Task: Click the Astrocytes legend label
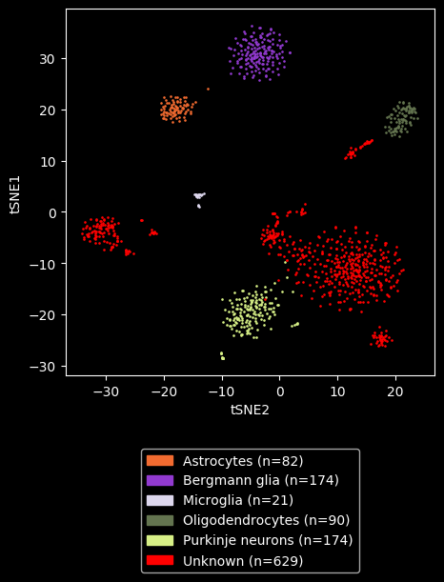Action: pos(243,461)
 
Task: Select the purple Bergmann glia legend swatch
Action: pos(160,481)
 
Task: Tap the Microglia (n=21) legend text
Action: pos(238,500)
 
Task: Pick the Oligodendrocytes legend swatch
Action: pos(160,520)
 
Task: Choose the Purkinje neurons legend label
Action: pos(268,540)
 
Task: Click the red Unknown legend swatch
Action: pos(160,560)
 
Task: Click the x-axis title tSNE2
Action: pos(250,411)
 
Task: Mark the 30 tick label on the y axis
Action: pos(48,59)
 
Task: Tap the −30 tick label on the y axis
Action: pos(43,367)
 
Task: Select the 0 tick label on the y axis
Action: pos(51,212)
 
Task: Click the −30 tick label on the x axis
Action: pos(106,391)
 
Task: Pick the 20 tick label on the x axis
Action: pos(395,391)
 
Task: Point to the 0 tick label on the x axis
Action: pos(280,391)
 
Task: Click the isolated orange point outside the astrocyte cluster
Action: pos(208,90)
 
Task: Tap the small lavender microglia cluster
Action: pos(199,198)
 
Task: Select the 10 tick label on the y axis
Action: pos(48,162)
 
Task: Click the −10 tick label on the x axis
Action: pos(222,391)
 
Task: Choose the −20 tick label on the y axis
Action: pos(43,314)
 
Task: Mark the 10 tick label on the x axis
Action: pos(338,391)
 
